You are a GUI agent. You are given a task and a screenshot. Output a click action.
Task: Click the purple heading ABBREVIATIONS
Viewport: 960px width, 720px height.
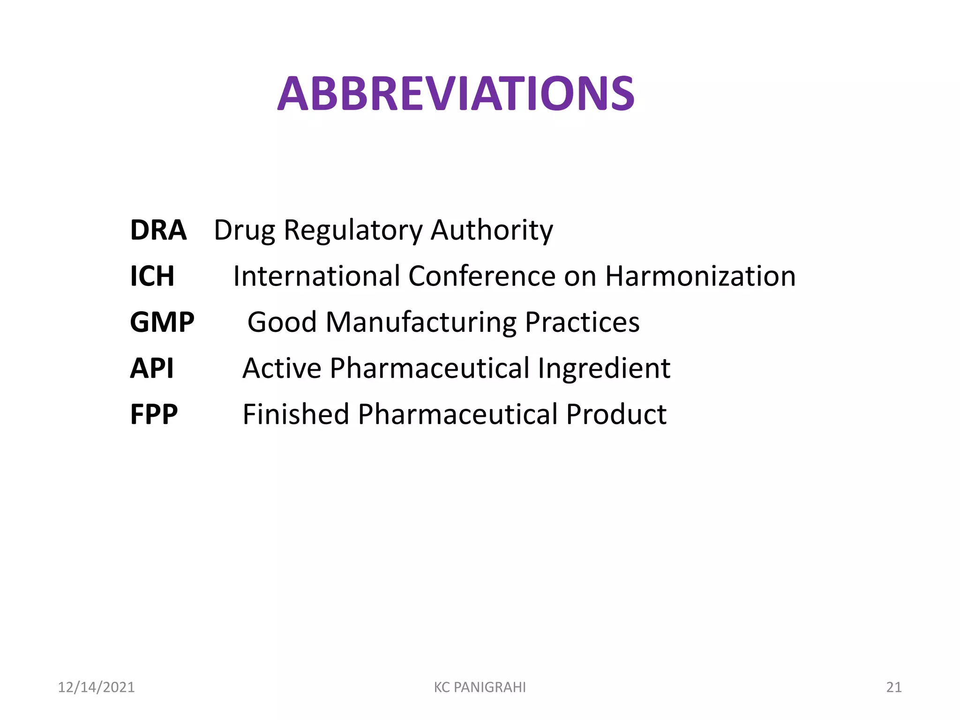tap(456, 94)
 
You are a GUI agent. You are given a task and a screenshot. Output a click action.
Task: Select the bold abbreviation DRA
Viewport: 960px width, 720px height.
tap(158, 230)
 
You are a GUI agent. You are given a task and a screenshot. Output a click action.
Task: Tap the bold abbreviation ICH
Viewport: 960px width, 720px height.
tap(152, 276)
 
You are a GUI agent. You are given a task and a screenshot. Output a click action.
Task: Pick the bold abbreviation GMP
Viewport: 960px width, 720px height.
tap(162, 322)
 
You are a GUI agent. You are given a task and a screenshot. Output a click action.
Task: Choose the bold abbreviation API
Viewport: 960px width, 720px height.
tap(152, 368)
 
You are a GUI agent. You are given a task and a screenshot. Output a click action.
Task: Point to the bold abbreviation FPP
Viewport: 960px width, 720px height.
tap(154, 414)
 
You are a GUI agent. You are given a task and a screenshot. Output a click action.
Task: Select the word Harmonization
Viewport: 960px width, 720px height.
tap(700, 276)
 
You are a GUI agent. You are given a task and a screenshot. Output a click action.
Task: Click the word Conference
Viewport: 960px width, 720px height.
tap(482, 276)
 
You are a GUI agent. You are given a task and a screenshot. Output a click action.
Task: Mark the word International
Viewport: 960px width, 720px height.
tap(317, 276)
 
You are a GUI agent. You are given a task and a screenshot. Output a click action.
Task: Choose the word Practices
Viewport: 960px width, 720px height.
tap(582, 322)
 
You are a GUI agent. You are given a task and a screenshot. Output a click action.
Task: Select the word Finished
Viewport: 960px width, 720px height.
tap(296, 414)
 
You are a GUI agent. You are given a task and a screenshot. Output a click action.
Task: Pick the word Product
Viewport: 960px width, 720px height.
tap(616, 414)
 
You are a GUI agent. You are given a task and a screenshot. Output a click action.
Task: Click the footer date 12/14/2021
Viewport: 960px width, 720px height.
tap(96, 687)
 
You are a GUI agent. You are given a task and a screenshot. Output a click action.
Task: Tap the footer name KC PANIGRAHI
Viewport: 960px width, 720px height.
tap(480, 687)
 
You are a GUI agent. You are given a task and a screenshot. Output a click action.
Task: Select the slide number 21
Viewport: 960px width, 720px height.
tap(894, 687)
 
